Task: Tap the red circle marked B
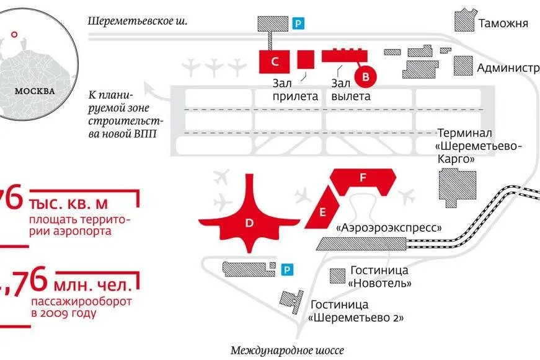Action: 365,77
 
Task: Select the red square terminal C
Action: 274,61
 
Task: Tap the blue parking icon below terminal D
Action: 286,270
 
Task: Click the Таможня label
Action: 503,24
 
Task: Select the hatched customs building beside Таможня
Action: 465,20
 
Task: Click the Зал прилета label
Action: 294,90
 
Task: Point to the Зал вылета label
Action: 351,90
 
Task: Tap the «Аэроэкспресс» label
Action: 389,227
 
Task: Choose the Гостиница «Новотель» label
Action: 379,276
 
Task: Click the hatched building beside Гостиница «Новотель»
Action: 338,275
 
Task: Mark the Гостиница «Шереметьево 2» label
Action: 356,311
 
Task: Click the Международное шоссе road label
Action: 287,351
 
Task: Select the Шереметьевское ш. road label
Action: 138,20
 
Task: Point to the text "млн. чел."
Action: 93,286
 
